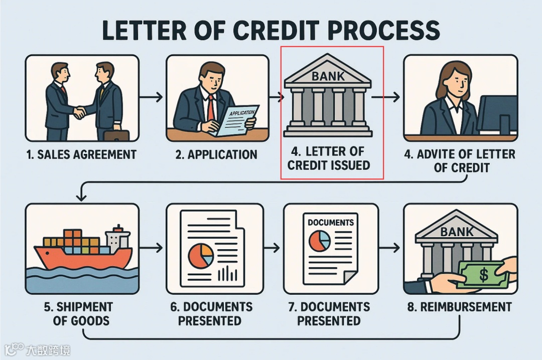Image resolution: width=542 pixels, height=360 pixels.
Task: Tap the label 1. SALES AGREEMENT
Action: point(81,154)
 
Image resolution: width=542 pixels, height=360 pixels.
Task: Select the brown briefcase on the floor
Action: point(116,134)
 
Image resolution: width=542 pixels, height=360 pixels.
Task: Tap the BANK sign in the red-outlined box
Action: point(328,77)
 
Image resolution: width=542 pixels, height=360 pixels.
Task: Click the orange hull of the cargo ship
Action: point(80,257)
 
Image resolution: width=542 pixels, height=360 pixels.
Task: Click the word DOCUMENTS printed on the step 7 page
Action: point(330,222)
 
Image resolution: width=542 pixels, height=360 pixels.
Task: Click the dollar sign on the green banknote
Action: point(483,274)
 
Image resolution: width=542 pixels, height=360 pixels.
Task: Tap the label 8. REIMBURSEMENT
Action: point(459,307)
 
